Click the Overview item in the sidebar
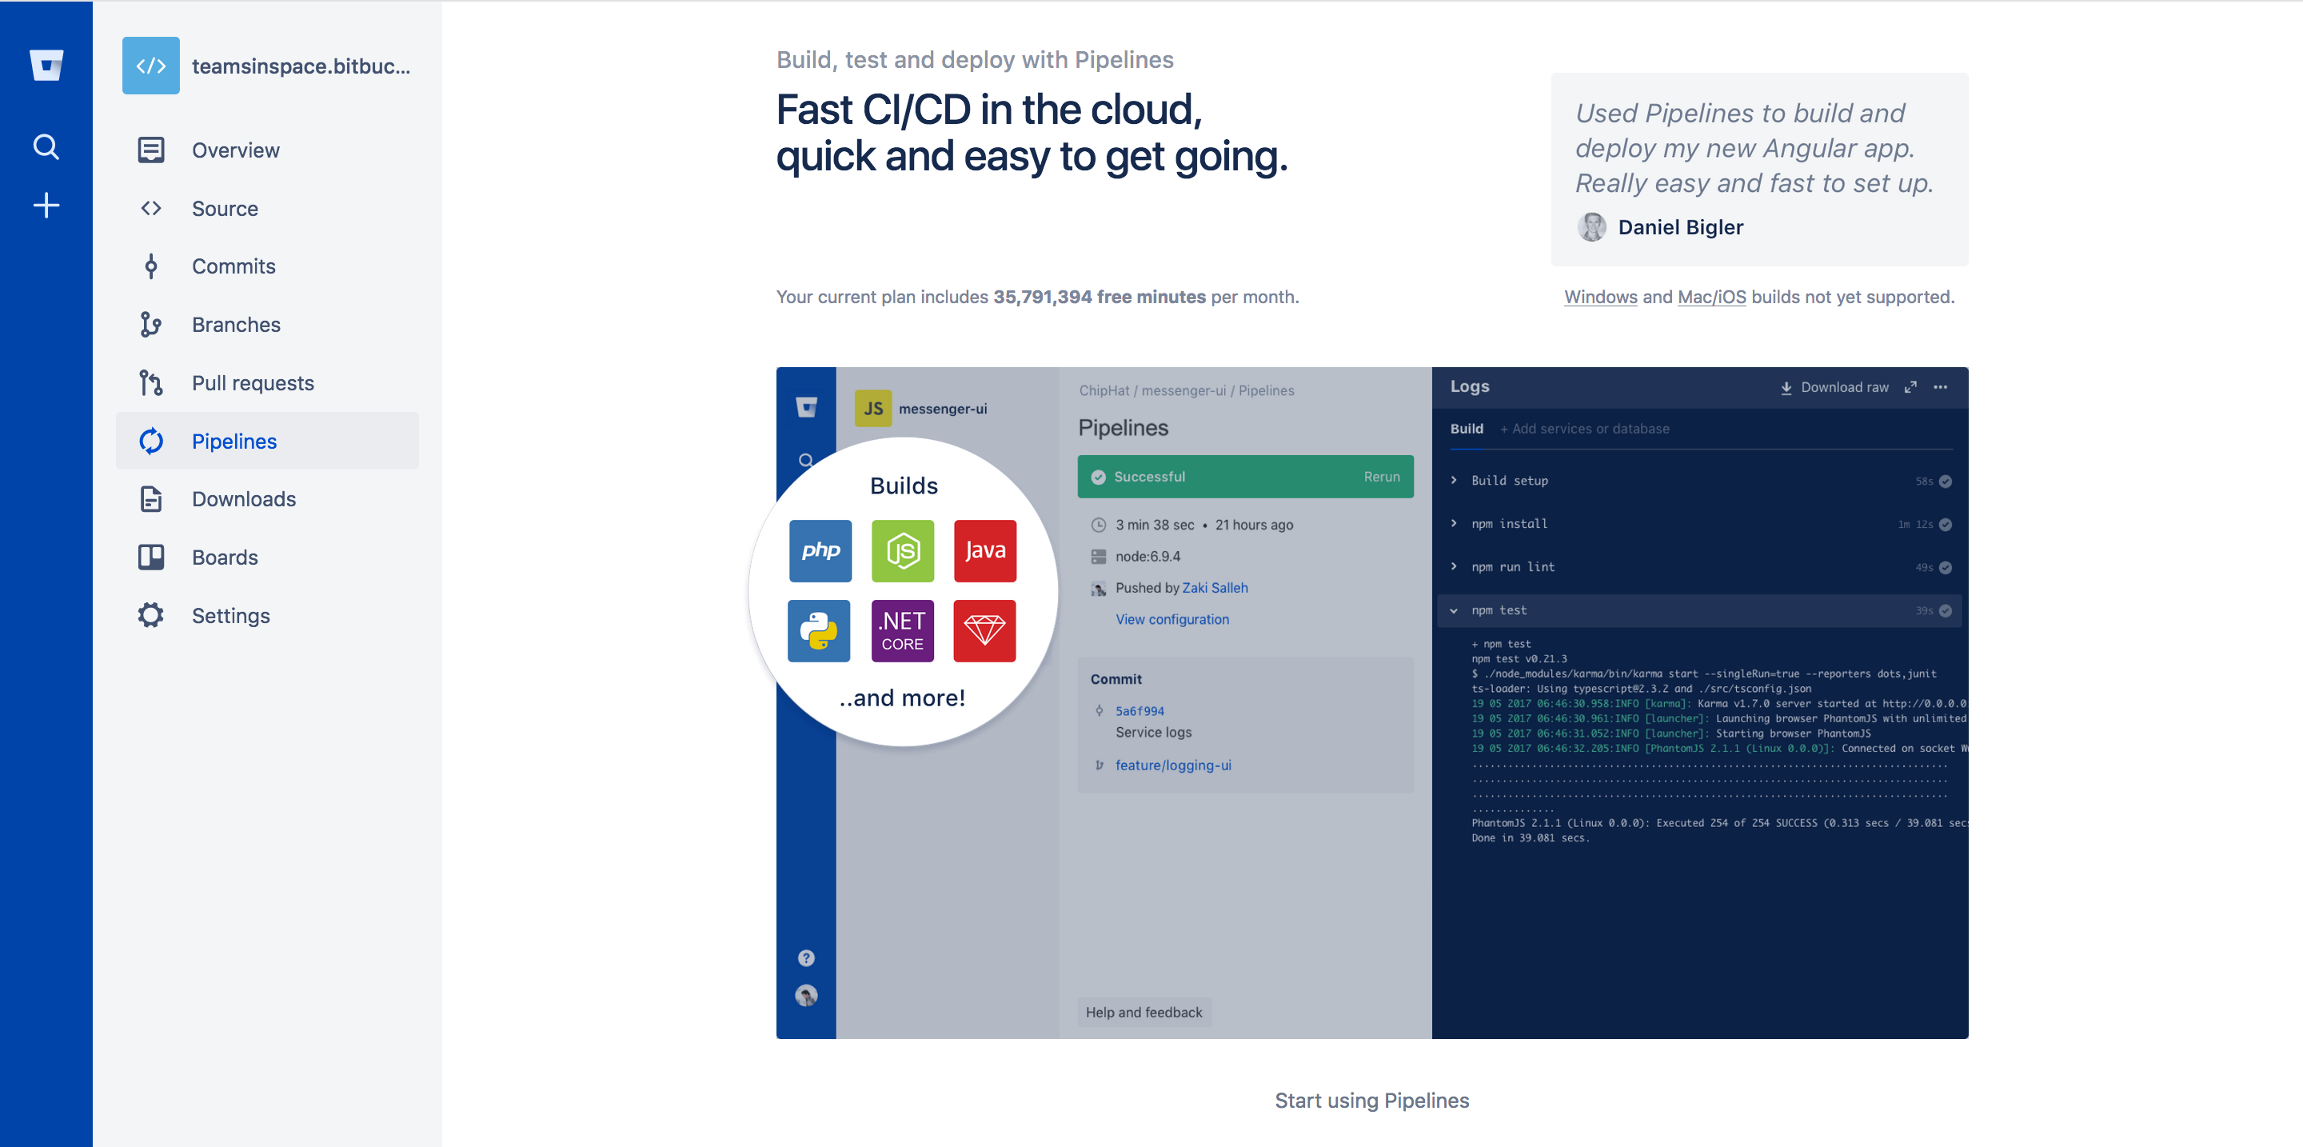234,150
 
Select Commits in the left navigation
233,266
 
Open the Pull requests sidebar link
252,382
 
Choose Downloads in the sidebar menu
243,499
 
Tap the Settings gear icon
151,615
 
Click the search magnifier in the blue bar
46,146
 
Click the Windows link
1600,297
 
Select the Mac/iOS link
1711,297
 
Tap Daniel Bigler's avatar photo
1591,227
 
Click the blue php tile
820,550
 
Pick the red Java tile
984,550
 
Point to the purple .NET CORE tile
902,631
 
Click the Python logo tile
818,631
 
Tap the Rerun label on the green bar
1381,477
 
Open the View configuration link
1171,620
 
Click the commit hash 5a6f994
1139,711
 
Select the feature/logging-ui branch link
1173,765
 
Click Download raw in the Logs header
1843,387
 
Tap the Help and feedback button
1144,1012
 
